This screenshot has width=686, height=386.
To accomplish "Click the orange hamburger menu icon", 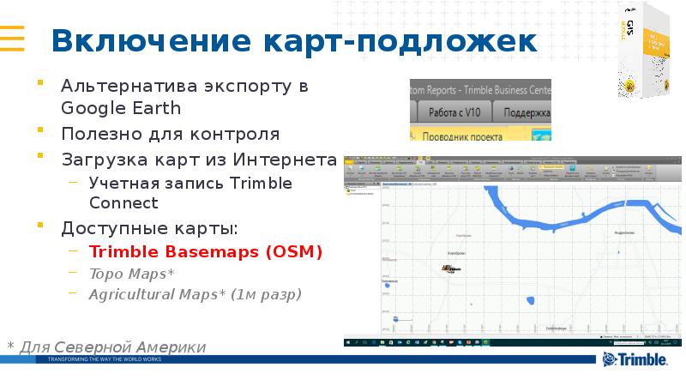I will (11, 39).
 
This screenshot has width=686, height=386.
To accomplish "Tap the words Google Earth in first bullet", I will (120, 108).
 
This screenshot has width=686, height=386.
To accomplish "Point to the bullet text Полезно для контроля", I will (170, 135).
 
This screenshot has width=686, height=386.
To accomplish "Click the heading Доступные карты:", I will (149, 228).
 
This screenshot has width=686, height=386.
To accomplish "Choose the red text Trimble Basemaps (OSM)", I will (206, 252).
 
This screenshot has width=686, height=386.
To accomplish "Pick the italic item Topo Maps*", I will (131, 274).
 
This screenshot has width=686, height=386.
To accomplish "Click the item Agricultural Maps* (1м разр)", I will (195, 294).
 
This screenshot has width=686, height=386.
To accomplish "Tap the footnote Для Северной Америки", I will (111, 347).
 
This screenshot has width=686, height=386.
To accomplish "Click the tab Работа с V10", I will (454, 112).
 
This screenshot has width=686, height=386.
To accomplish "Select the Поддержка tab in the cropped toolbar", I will (525, 112).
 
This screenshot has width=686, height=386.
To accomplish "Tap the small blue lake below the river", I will (530, 300).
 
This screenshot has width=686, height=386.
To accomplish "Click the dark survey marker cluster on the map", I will (449, 268).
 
